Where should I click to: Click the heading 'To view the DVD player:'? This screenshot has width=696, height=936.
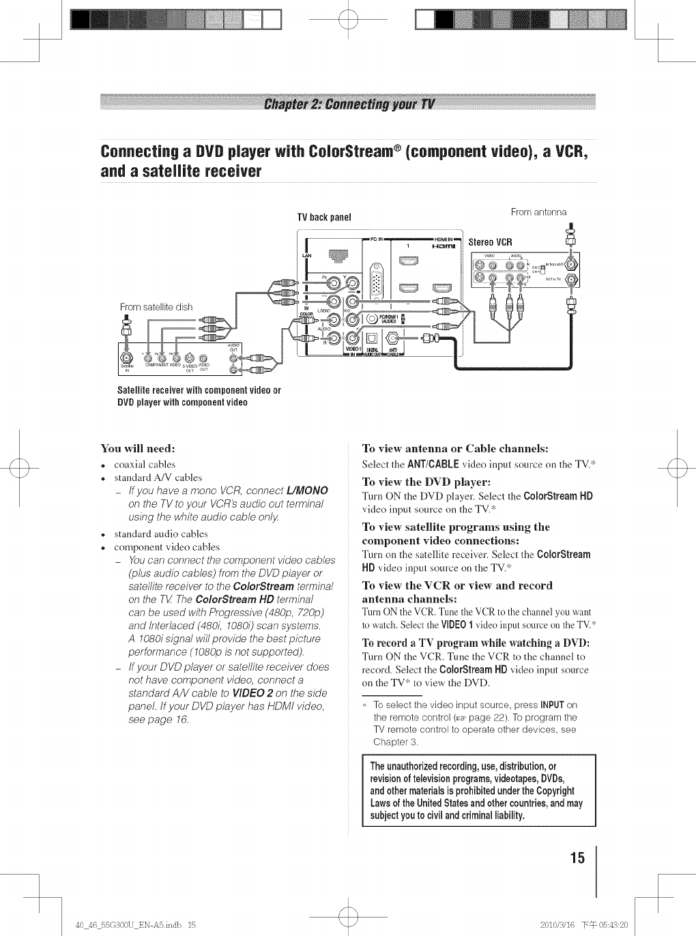[x=416, y=481]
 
